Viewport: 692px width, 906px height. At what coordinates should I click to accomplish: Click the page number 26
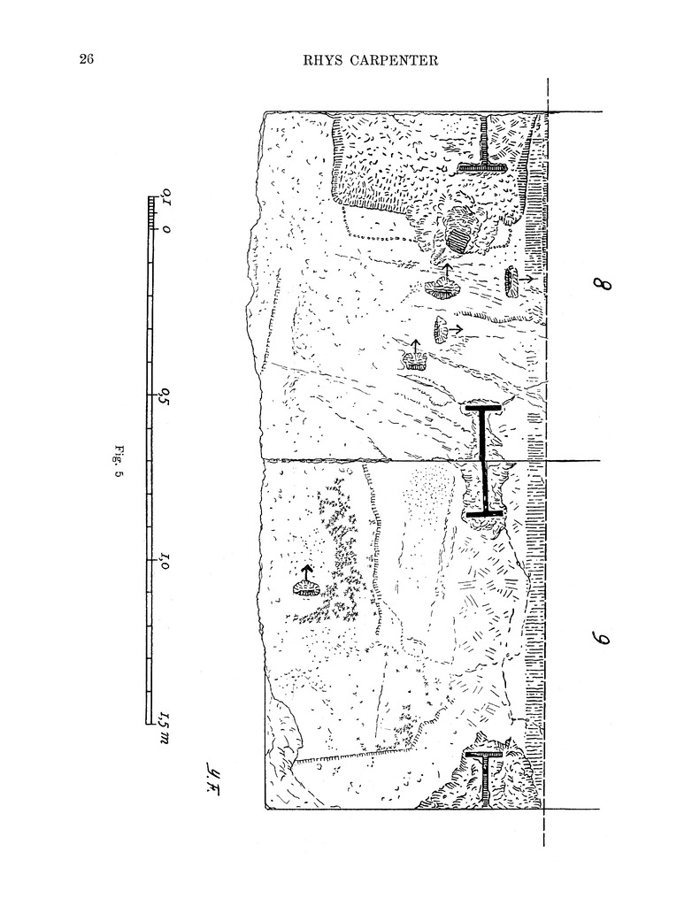tap(86, 59)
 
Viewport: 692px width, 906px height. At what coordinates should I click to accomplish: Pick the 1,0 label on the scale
tap(165, 562)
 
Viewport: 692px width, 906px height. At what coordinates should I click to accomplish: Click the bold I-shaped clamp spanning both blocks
tap(483, 460)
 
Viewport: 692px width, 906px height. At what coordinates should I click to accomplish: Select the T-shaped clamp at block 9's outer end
tap(487, 776)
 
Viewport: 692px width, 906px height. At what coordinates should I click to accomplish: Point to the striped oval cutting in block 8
tap(460, 236)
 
